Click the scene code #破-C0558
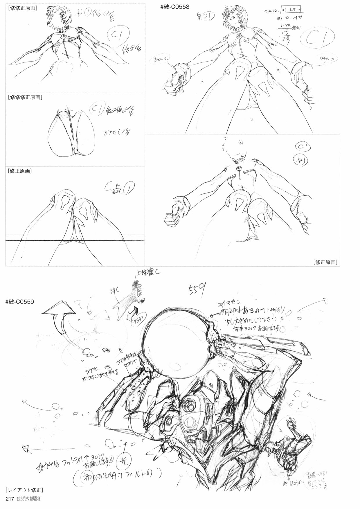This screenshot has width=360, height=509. (174, 7)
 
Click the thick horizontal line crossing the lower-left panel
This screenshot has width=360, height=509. (75, 240)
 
